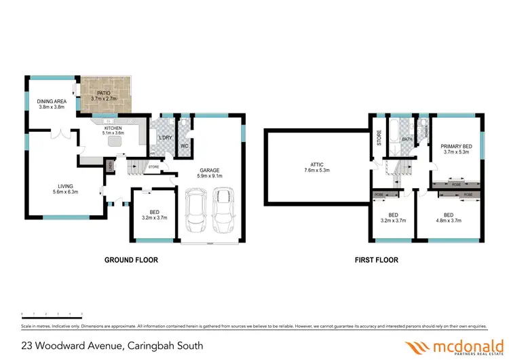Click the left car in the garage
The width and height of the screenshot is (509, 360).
[x=197, y=211]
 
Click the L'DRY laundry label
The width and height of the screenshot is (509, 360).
[x=165, y=139]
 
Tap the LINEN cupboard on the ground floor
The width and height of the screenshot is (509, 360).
[x=109, y=166]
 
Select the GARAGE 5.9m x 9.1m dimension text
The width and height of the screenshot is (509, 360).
[x=209, y=173]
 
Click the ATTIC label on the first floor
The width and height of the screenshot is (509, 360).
[x=316, y=167]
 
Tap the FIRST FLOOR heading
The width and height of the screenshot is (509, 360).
[x=377, y=260]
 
